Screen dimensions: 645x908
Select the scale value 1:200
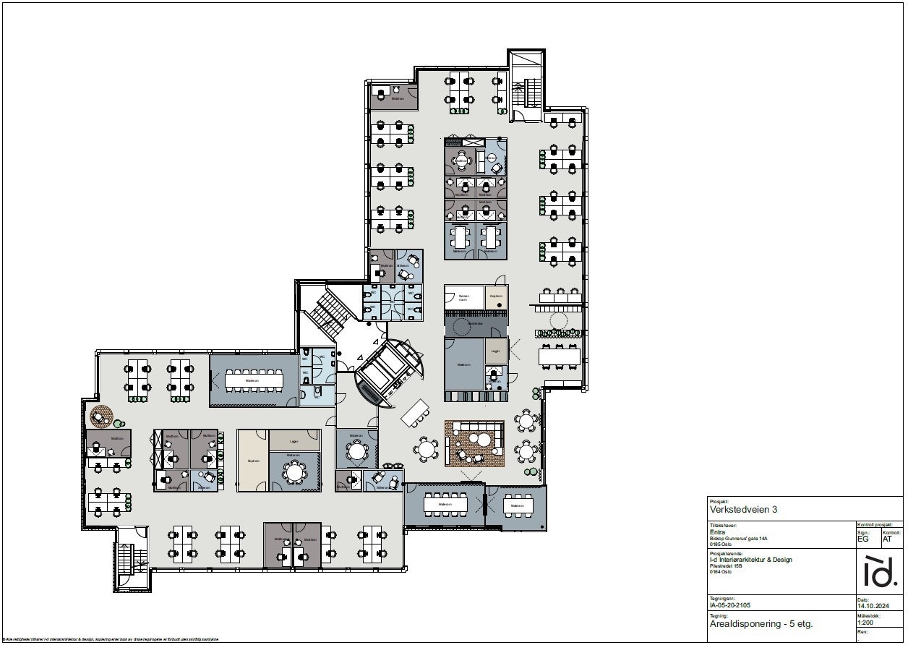click(x=865, y=621)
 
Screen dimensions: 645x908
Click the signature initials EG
click(x=864, y=539)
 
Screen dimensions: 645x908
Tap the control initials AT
click(x=888, y=539)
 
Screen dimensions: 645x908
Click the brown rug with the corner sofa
click(x=474, y=443)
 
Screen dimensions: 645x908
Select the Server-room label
click(x=463, y=296)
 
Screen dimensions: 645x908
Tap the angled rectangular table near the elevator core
click(x=416, y=413)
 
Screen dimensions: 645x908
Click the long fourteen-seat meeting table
click(x=254, y=379)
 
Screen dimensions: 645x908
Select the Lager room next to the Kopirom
click(x=294, y=440)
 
